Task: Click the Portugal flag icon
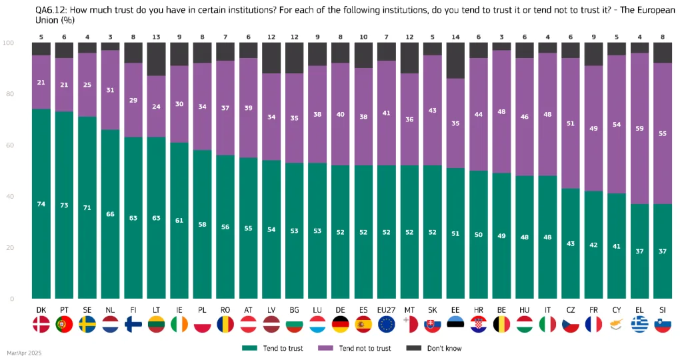(x=64, y=325)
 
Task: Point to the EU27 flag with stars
(x=387, y=325)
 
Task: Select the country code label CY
(x=617, y=310)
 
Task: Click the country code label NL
(x=111, y=310)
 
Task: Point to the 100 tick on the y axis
(x=9, y=43)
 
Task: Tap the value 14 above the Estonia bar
(x=456, y=37)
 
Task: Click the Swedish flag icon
(x=87, y=325)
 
